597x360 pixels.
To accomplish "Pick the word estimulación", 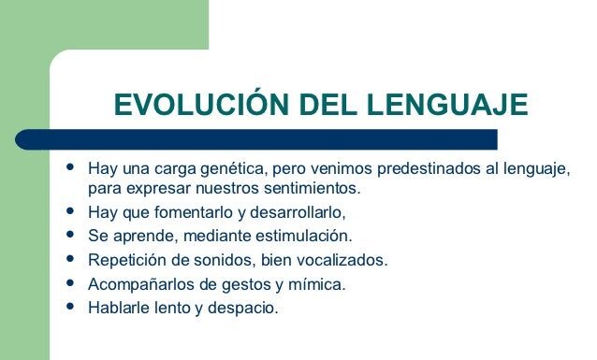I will [306, 235].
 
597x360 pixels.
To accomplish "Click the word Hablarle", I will [117, 307].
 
